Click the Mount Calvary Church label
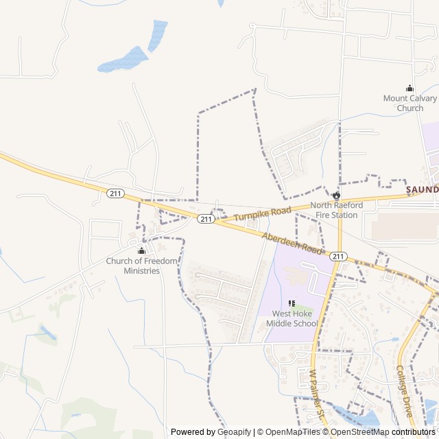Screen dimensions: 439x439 (410, 103)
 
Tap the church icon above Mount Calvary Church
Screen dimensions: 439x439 (410, 88)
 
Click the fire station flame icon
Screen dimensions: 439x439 (336, 195)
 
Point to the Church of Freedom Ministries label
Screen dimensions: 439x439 (141, 265)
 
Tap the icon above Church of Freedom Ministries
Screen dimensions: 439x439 (142, 250)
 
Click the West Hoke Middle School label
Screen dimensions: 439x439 (291, 318)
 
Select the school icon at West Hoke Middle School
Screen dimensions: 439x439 (292, 303)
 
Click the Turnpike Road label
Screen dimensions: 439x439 (262, 213)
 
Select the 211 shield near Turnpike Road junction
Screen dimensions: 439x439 (206, 219)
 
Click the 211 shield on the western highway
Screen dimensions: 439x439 (115, 193)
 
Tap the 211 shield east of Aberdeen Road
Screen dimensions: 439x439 (337, 256)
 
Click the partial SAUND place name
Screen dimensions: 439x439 (421, 189)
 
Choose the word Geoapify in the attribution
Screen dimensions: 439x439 (235, 432)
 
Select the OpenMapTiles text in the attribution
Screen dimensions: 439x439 (292, 432)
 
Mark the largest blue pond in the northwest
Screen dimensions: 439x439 (123, 60)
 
